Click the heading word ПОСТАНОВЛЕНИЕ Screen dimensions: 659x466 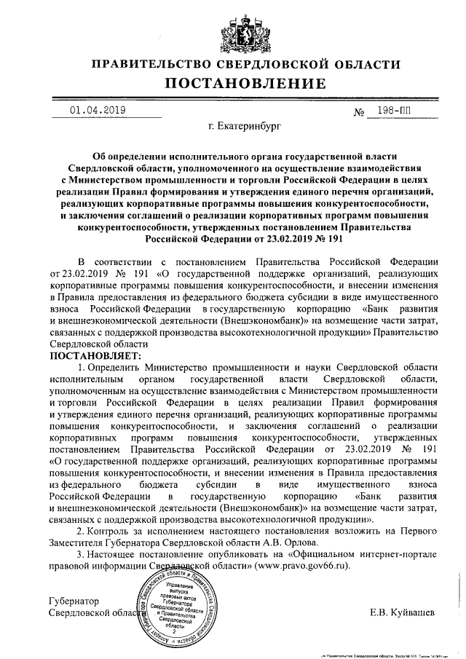(245, 84)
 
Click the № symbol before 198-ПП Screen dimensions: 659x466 (358, 113)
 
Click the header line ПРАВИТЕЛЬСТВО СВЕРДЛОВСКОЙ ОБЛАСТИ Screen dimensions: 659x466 (245, 64)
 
